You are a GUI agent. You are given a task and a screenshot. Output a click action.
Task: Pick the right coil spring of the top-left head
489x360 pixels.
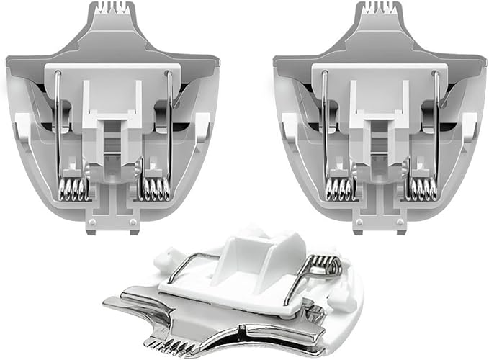[x=153, y=189]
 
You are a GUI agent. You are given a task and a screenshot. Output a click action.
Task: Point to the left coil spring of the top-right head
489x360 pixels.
[x=340, y=189]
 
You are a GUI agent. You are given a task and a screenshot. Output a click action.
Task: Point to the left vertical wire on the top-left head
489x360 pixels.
[x=56, y=122]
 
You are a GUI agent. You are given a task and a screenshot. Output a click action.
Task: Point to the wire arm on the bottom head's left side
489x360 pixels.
[x=189, y=265]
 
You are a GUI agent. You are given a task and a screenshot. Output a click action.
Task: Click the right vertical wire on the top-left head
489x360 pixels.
[x=169, y=122]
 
